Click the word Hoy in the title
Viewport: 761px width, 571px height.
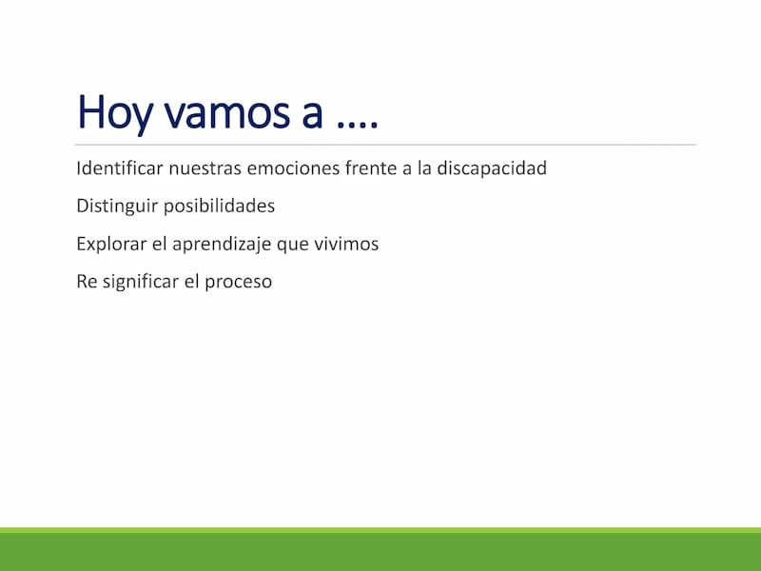[114, 113]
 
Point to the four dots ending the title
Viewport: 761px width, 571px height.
[357, 126]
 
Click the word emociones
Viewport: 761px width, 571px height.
[293, 168]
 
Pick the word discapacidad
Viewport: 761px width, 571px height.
[492, 168]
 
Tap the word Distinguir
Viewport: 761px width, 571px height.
[117, 206]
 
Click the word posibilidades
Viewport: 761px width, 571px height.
[219, 206]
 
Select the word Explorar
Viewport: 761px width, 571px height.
[111, 244]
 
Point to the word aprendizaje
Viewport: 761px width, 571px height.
[222, 244]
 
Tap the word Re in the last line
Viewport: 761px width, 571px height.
[87, 282]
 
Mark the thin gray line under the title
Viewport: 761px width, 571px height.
[385, 145]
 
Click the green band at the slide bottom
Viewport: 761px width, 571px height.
[380, 549]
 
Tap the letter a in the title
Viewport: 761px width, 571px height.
[312, 115]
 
